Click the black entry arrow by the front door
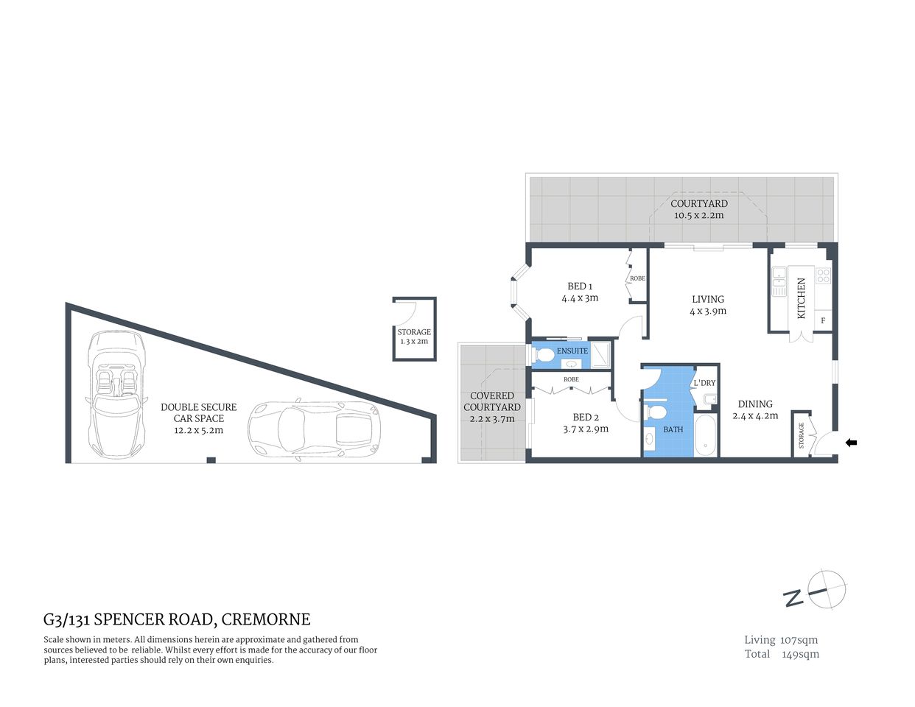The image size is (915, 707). [851, 443]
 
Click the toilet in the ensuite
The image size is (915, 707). [544, 356]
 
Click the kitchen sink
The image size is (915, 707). [779, 281]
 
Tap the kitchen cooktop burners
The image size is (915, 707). [823, 276]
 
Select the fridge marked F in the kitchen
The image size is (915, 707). [823, 321]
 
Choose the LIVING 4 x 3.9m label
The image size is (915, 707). [708, 305]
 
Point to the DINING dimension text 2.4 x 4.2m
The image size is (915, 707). [755, 415]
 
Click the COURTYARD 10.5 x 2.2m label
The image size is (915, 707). [698, 209]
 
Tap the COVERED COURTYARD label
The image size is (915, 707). [492, 401]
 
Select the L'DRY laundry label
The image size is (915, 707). [704, 383]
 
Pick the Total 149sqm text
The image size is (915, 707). [781, 654]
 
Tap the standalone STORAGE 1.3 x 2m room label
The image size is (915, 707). [414, 337]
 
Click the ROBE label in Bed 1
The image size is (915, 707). [637, 278]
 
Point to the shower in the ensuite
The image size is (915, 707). [601, 355]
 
